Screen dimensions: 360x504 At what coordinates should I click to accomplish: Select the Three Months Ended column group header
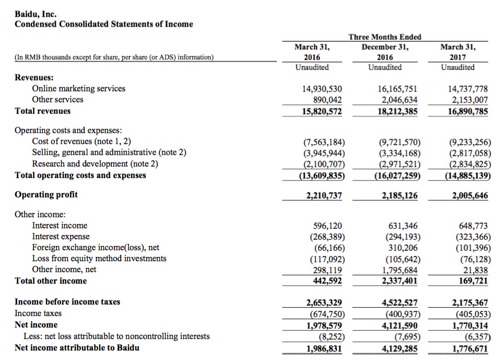tap(384, 37)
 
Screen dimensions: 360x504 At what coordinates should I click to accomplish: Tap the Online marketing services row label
tap(78, 88)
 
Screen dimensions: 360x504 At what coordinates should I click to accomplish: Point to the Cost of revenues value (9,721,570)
tap(398, 142)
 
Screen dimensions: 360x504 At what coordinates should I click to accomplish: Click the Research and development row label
tap(95, 164)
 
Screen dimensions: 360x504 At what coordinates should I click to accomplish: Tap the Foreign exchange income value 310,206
tap(403, 248)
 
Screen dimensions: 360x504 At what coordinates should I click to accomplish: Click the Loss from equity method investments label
tap(99, 259)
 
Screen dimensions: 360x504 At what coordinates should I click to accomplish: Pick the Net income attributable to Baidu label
tap(77, 347)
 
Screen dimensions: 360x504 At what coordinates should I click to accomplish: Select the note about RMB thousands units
tap(114, 57)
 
